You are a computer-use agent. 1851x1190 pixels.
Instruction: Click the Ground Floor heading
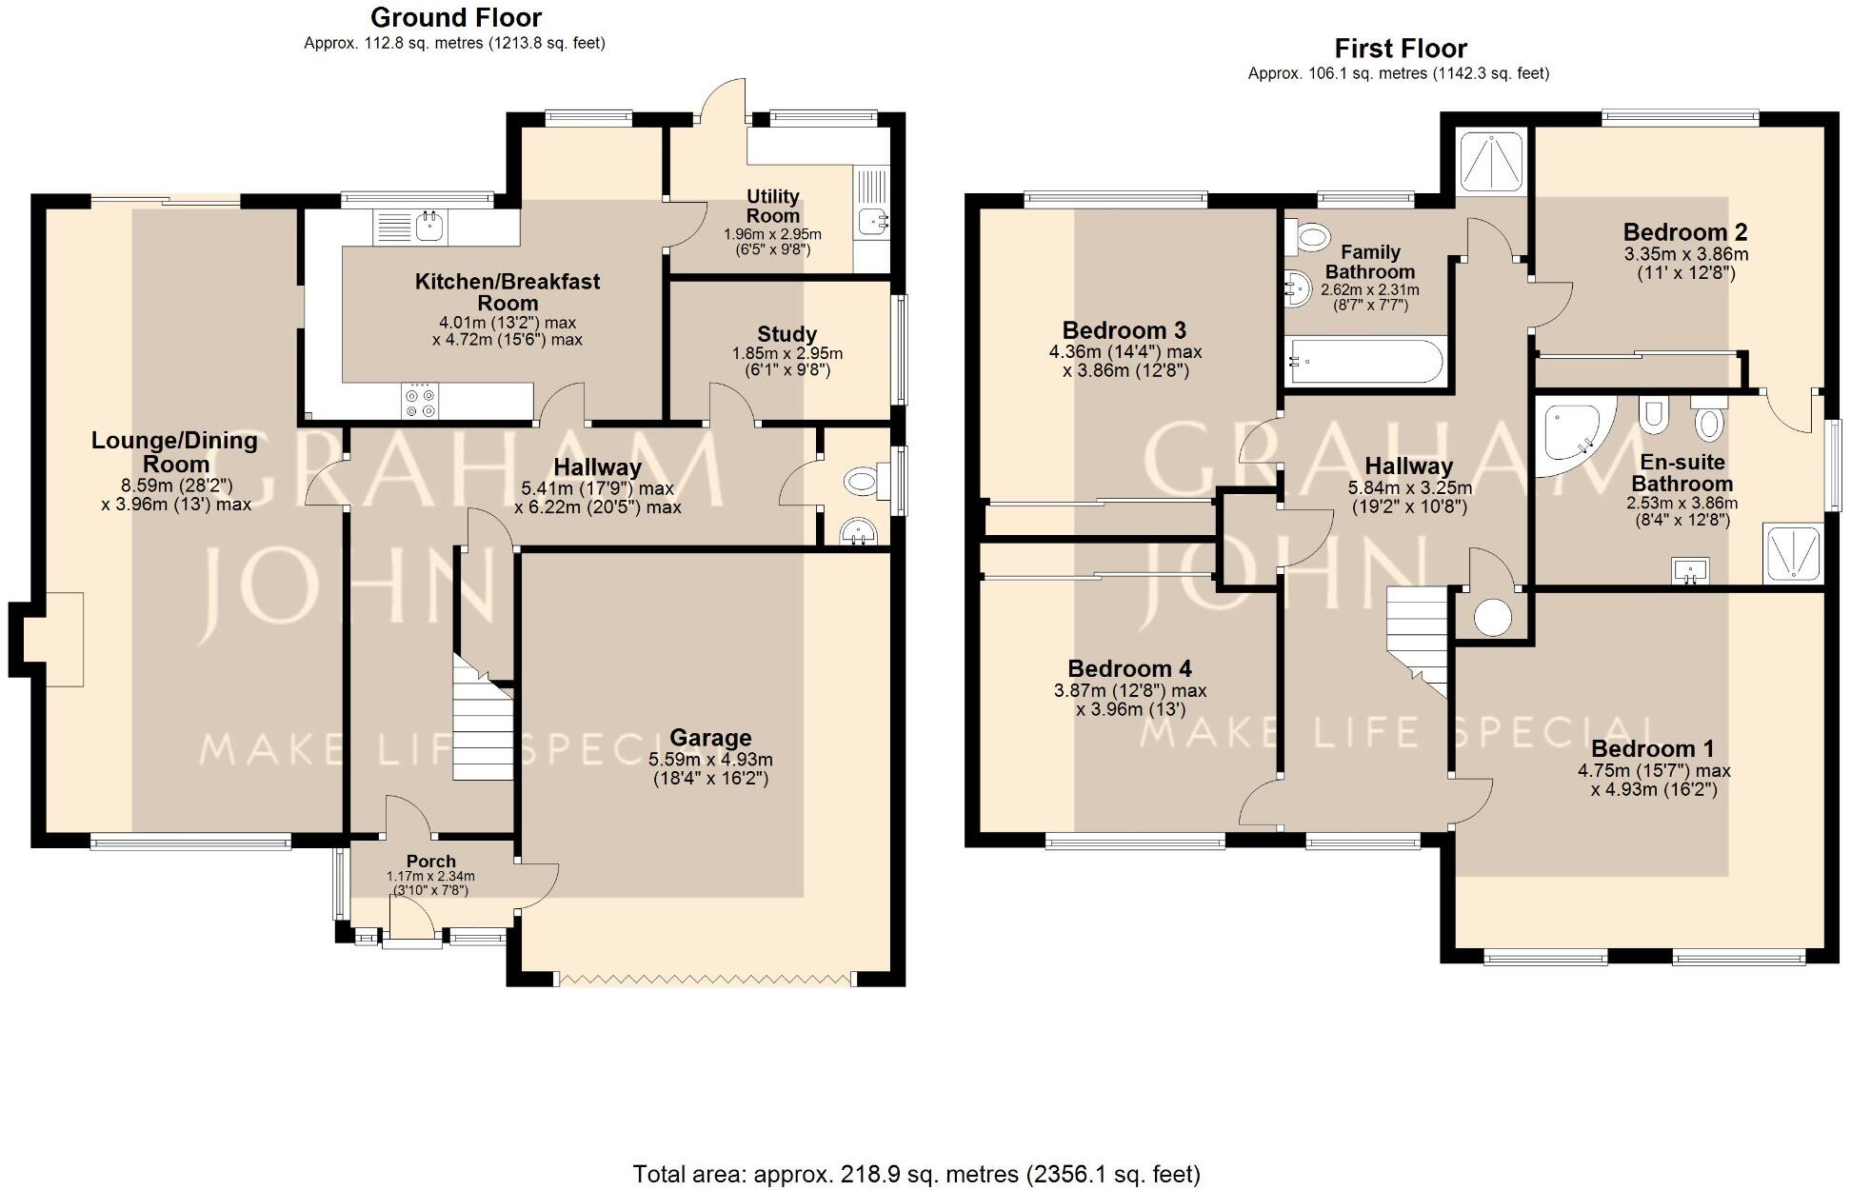[456, 18]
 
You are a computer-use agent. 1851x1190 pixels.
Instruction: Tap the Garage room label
[710, 738]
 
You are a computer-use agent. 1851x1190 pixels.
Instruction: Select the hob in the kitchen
[420, 401]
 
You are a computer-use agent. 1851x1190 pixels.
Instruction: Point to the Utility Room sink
[871, 222]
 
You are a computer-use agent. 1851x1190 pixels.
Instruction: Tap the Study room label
[786, 334]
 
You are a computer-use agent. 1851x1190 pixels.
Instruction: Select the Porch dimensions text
[430, 883]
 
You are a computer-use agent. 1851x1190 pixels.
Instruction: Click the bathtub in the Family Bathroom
[1364, 362]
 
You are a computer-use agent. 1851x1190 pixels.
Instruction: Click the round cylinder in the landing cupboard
[1492, 617]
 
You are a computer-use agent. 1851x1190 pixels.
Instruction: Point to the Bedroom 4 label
[1129, 668]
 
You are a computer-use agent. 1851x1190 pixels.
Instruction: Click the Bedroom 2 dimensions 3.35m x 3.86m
[1685, 255]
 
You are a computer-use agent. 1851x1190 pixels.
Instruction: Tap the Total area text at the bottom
[916, 1174]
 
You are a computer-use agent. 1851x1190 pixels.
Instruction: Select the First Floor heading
[1400, 49]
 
